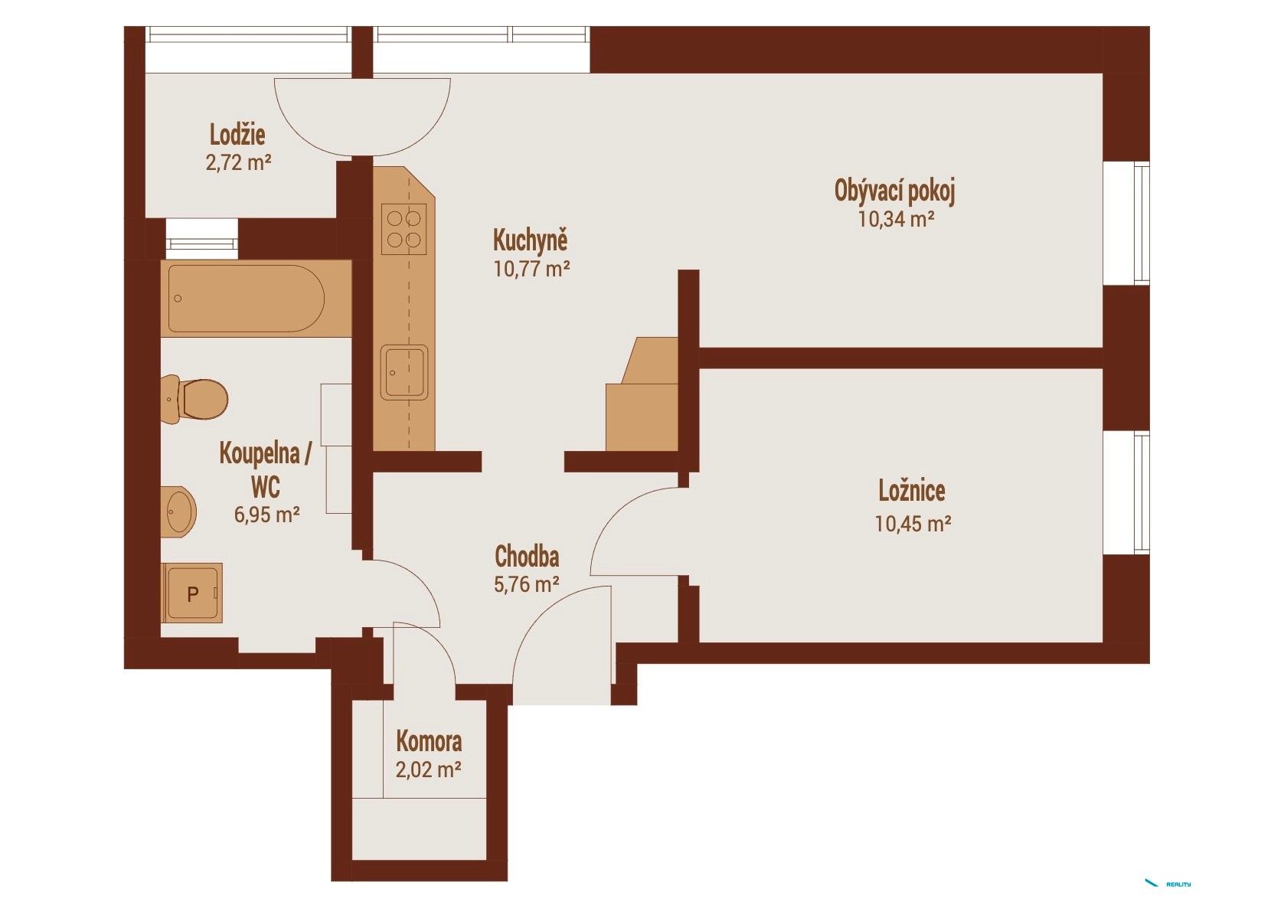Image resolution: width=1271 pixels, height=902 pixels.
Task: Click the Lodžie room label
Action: [237, 135]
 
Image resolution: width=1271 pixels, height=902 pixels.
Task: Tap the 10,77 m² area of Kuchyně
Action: [531, 268]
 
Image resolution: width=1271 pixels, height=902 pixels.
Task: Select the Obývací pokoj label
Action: [895, 192]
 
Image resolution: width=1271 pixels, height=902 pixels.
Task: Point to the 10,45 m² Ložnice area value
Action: [913, 523]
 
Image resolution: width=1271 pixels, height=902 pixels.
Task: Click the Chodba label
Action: [527, 557]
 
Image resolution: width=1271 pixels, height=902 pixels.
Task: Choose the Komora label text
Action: [429, 741]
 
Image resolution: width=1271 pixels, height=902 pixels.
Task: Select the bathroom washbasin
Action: [178, 511]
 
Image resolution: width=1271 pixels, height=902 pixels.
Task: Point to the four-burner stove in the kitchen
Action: [404, 229]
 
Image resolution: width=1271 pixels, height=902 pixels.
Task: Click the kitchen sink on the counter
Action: [404, 372]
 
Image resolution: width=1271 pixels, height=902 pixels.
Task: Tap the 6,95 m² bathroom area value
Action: [267, 515]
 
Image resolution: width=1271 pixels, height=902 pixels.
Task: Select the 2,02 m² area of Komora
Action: [429, 770]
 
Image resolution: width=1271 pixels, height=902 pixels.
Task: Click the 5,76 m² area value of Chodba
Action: [527, 584]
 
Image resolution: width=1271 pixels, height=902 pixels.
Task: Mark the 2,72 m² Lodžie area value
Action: [238, 163]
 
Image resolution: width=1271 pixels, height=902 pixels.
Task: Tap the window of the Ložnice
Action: [1127, 492]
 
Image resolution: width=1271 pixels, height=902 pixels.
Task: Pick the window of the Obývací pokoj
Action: [1127, 223]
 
